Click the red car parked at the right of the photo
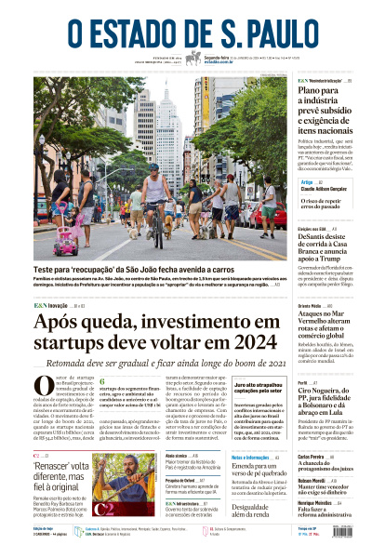point(276,216)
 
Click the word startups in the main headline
point(75,344)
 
